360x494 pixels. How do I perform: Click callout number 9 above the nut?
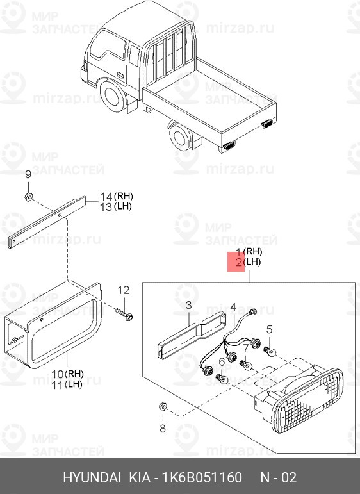pos(28,175)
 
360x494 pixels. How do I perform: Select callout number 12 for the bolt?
pos(123,290)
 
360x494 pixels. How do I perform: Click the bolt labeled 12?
pos(124,315)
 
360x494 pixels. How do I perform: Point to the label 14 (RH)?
pos(115,195)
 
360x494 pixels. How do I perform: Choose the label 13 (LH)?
pos(115,206)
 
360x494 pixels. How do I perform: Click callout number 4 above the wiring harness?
pos(234,307)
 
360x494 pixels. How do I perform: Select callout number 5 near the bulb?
pos(270,329)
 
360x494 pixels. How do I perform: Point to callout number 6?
pos(222,362)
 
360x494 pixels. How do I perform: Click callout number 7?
pos(245,346)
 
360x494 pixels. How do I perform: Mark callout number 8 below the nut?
pos(162,427)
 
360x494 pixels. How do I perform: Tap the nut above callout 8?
pos(162,408)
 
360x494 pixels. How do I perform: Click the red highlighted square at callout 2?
pos(236,262)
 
